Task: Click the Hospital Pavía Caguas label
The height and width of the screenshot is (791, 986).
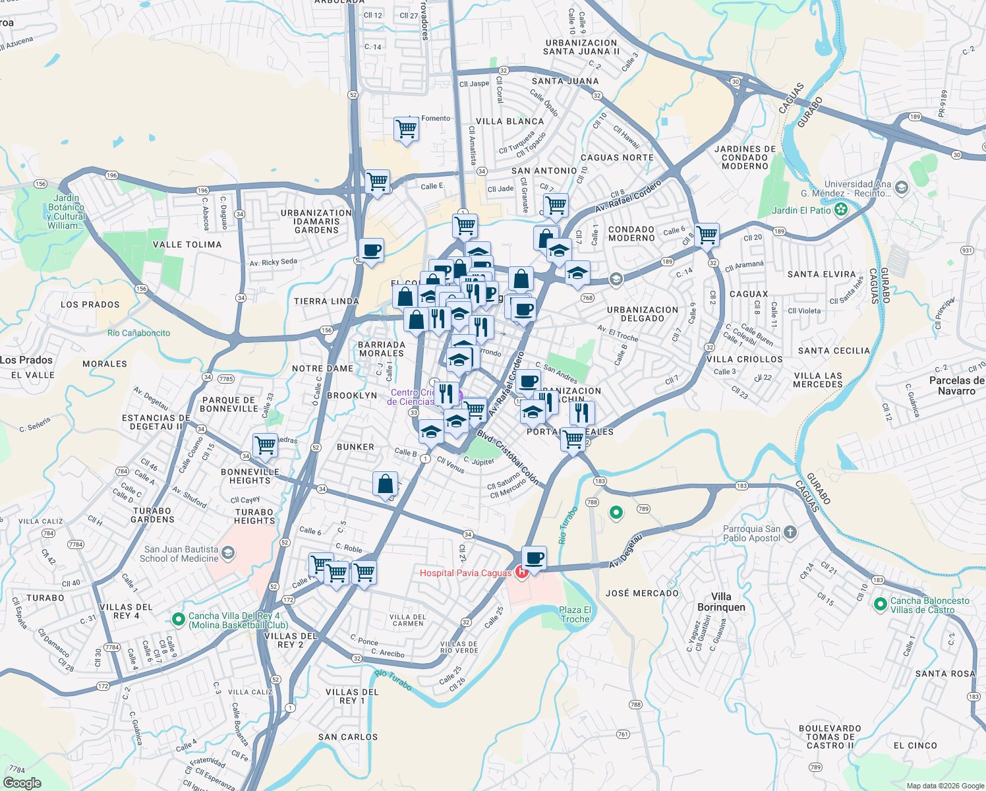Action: point(465,573)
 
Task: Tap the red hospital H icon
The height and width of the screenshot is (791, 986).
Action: point(522,572)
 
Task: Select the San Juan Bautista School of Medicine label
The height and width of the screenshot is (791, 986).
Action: point(181,554)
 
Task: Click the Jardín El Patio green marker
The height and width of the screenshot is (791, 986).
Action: point(840,210)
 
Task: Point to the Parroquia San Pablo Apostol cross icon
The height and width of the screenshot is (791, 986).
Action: point(790,533)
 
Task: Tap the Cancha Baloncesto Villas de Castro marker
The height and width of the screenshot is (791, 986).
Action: point(880,604)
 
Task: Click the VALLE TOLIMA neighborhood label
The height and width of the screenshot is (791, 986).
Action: point(187,245)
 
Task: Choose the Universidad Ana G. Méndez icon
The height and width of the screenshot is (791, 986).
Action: point(902,188)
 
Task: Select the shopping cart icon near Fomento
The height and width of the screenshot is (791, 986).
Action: point(406,129)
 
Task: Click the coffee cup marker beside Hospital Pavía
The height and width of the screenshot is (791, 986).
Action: point(534,558)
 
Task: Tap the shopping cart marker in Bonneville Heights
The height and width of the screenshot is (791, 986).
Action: point(265,445)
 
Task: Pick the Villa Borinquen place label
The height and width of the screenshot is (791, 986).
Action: point(721,602)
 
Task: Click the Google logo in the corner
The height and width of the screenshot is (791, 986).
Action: point(22,782)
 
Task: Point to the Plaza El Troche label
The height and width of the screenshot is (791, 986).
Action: point(575,614)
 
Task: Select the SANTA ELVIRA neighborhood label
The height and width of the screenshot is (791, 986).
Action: point(821,274)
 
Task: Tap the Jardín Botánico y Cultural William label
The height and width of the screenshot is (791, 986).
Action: point(66,212)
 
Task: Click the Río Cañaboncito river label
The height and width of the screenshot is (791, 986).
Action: point(138,333)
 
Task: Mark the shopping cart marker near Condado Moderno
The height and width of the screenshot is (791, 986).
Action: point(707,234)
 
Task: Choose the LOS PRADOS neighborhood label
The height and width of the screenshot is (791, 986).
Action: point(90,305)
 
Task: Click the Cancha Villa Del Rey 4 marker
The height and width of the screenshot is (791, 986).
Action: point(177,620)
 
